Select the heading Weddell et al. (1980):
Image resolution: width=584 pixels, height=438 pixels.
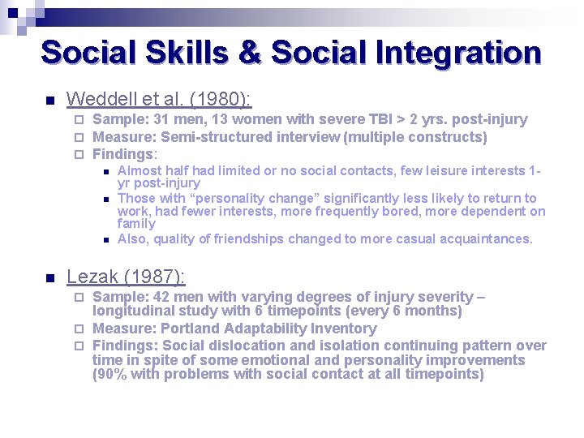pyautogui.click(x=159, y=99)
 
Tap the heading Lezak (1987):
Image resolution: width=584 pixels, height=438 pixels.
pyautogui.click(x=126, y=277)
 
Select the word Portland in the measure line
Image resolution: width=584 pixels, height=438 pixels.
pyautogui.click(x=190, y=328)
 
